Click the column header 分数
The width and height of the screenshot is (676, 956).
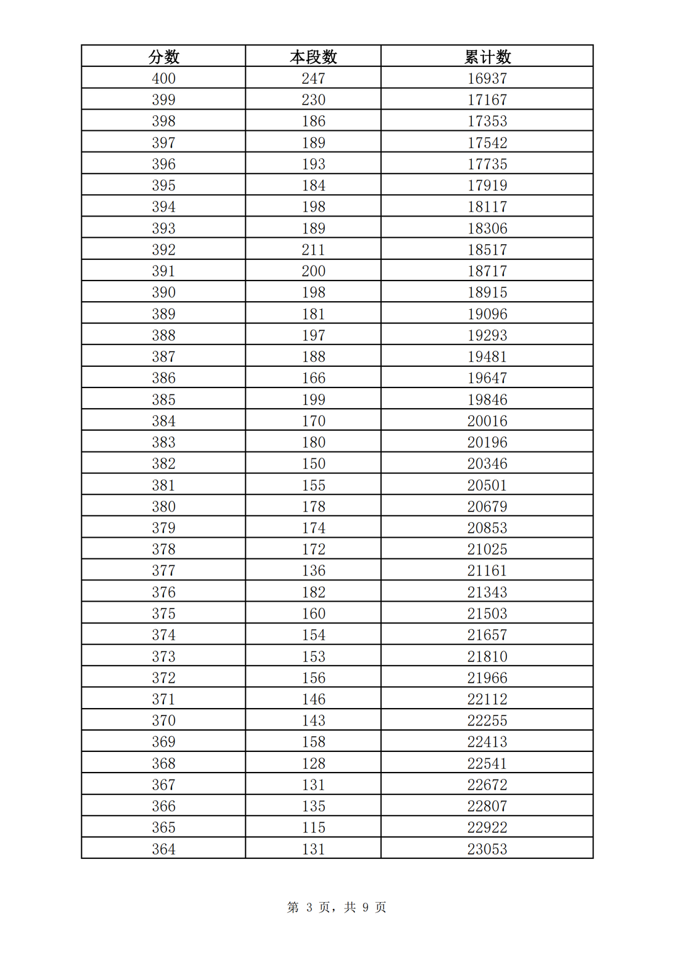[x=163, y=57]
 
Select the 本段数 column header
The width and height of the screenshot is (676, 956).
[x=313, y=57]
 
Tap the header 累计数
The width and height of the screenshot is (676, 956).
[x=487, y=57]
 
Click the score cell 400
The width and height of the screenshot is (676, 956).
[x=163, y=78]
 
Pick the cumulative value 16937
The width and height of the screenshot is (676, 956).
[x=487, y=78]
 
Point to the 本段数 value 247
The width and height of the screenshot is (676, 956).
[x=313, y=78]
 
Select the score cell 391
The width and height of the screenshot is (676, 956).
[x=163, y=271]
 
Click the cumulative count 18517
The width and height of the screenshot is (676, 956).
[x=487, y=250]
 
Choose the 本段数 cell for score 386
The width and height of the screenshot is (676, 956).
[x=313, y=378]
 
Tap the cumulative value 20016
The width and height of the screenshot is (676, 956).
[x=487, y=421]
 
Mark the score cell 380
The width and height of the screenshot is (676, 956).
[x=163, y=506]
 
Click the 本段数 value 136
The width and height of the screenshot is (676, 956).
[x=313, y=570]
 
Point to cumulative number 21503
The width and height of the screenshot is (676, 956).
[x=487, y=614]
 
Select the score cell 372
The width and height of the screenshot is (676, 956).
[x=163, y=677]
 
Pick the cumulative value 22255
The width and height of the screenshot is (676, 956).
[x=487, y=721]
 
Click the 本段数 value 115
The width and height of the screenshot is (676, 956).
[x=313, y=827]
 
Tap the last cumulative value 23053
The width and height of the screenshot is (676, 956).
[x=487, y=849]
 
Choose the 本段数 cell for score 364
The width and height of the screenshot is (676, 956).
[x=313, y=849]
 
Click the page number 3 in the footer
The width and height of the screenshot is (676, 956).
[x=309, y=907]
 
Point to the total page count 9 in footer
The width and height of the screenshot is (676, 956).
[x=366, y=907]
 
